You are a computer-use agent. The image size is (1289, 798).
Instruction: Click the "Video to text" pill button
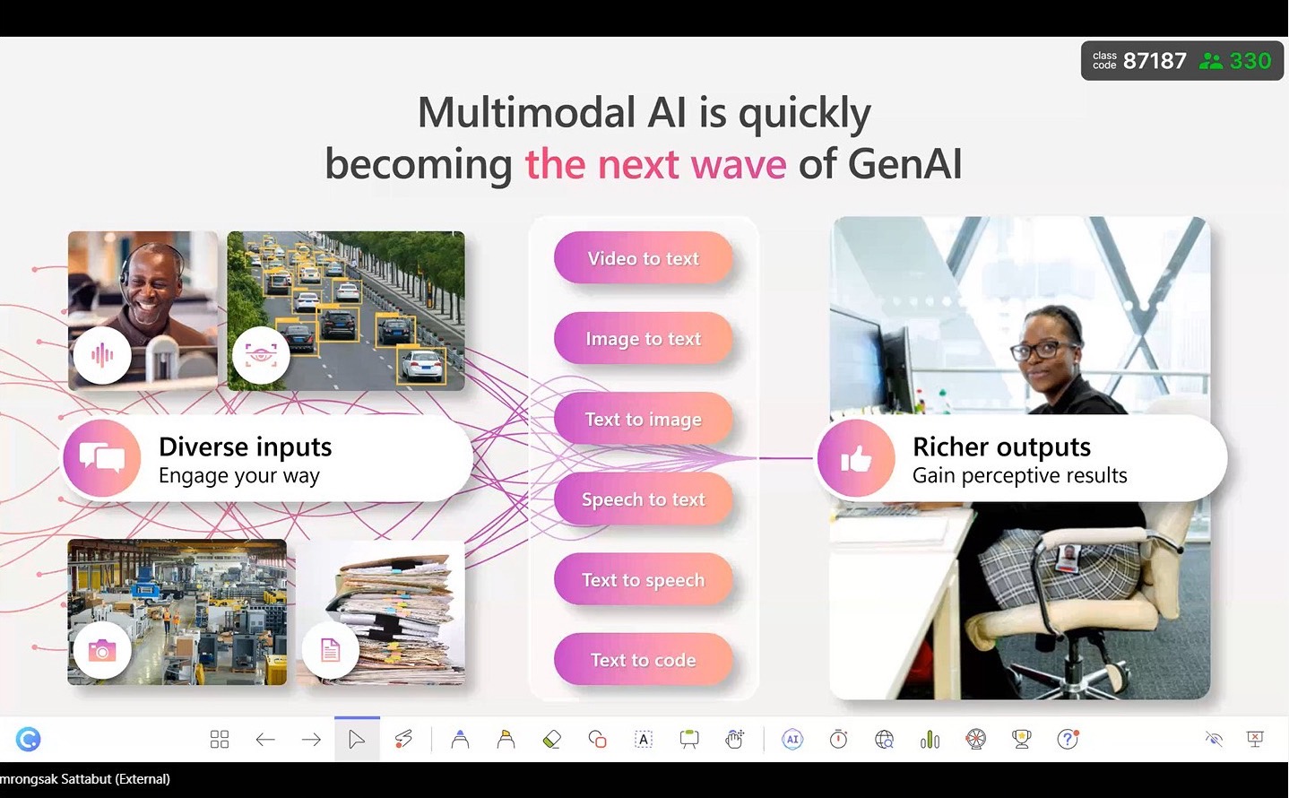tap(643, 257)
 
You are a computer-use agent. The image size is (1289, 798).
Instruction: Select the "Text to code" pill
tap(643, 659)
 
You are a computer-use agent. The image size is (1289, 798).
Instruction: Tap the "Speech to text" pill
tap(643, 499)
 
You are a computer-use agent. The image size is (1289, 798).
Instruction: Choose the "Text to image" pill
tap(643, 419)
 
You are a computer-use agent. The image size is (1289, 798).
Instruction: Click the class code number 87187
tap(1155, 60)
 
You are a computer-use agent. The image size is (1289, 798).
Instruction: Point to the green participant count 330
tap(1250, 60)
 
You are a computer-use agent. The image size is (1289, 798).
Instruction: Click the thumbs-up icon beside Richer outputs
tap(856, 459)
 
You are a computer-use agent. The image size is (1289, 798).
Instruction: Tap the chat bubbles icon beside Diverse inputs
tap(102, 458)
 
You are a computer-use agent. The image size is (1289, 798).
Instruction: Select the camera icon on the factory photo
tap(102, 651)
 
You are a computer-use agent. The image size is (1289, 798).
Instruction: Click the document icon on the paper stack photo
tap(330, 651)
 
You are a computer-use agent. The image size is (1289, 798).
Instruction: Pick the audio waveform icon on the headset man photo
tap(102, 355)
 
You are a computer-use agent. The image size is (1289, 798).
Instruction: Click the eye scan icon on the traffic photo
tap(261, 355)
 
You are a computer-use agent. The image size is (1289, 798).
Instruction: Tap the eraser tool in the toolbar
tap(551, 739)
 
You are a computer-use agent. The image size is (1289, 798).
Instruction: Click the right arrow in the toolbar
tap(311, 740)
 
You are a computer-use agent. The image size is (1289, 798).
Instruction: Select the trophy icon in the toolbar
tap(1021, 739)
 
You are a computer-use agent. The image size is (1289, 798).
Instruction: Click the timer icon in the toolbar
tap(838, 739)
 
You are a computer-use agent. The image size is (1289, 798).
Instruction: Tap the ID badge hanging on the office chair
tap(1068, 558)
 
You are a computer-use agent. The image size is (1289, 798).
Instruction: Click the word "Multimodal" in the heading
tap(526, 112)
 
